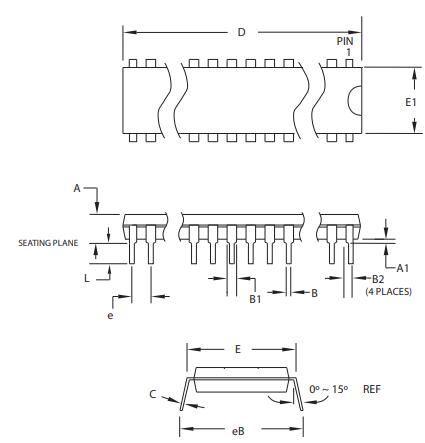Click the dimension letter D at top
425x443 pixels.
click(241, 33)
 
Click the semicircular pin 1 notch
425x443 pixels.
click(354, 101)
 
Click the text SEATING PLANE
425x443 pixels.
click(49, 241)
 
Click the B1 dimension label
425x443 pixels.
click(254, 299)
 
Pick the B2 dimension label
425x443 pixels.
click(378, 279)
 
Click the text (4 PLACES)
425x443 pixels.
click(384, 290)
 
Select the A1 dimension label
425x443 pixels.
click(403, 268)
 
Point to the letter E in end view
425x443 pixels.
click(236, 350)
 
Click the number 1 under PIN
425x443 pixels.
click(344, 52)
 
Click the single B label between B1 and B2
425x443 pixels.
click(313, 292)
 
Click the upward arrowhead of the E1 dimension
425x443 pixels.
click(416, 72)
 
